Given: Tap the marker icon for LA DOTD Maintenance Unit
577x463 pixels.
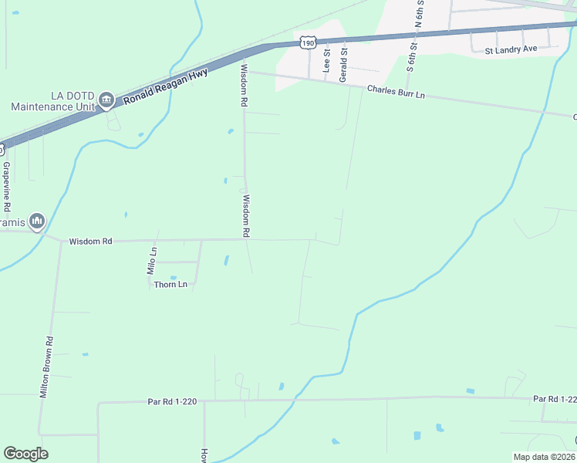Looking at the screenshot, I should (106, 100).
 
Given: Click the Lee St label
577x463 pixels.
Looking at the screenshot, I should (326, 62).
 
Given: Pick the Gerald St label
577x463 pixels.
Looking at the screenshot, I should (344, 60).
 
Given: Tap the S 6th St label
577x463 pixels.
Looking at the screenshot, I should (412, 54).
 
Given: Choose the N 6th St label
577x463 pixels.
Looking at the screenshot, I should (420, 14).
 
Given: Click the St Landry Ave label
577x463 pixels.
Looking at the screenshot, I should (511, 50).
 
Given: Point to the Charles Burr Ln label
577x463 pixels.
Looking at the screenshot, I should (396, 90).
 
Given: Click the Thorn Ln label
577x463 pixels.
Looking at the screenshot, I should (171, 285).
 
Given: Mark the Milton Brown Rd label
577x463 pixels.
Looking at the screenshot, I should (48, 366).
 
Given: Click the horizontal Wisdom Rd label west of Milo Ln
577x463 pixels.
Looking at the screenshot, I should (90, 242).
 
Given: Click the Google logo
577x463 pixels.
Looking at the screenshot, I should (25, 454).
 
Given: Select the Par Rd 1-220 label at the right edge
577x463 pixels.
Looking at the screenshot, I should (554, 399).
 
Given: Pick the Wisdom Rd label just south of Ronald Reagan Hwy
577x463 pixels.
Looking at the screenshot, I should (244, 85).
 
